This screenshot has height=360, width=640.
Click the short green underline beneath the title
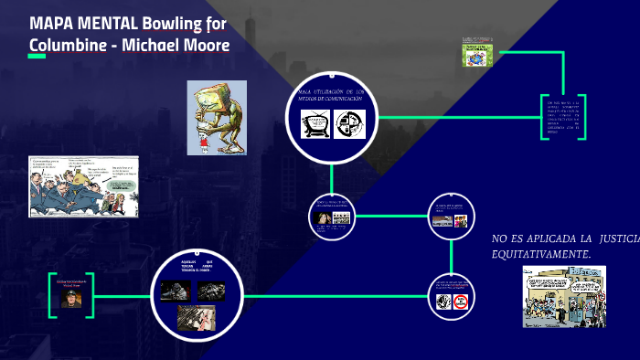click(x=37, y=57)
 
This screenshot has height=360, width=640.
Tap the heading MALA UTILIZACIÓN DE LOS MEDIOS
click(x=332, y=95)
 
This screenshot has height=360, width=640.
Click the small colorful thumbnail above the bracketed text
click(x=478, y=55)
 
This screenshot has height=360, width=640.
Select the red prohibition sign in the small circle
click(x=461, y=301)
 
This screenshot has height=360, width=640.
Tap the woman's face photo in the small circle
click(x=322, y=218)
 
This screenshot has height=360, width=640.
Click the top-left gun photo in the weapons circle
click(x=174, y=291)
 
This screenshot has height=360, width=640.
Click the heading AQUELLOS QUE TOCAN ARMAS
click(x=197, y=268)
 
